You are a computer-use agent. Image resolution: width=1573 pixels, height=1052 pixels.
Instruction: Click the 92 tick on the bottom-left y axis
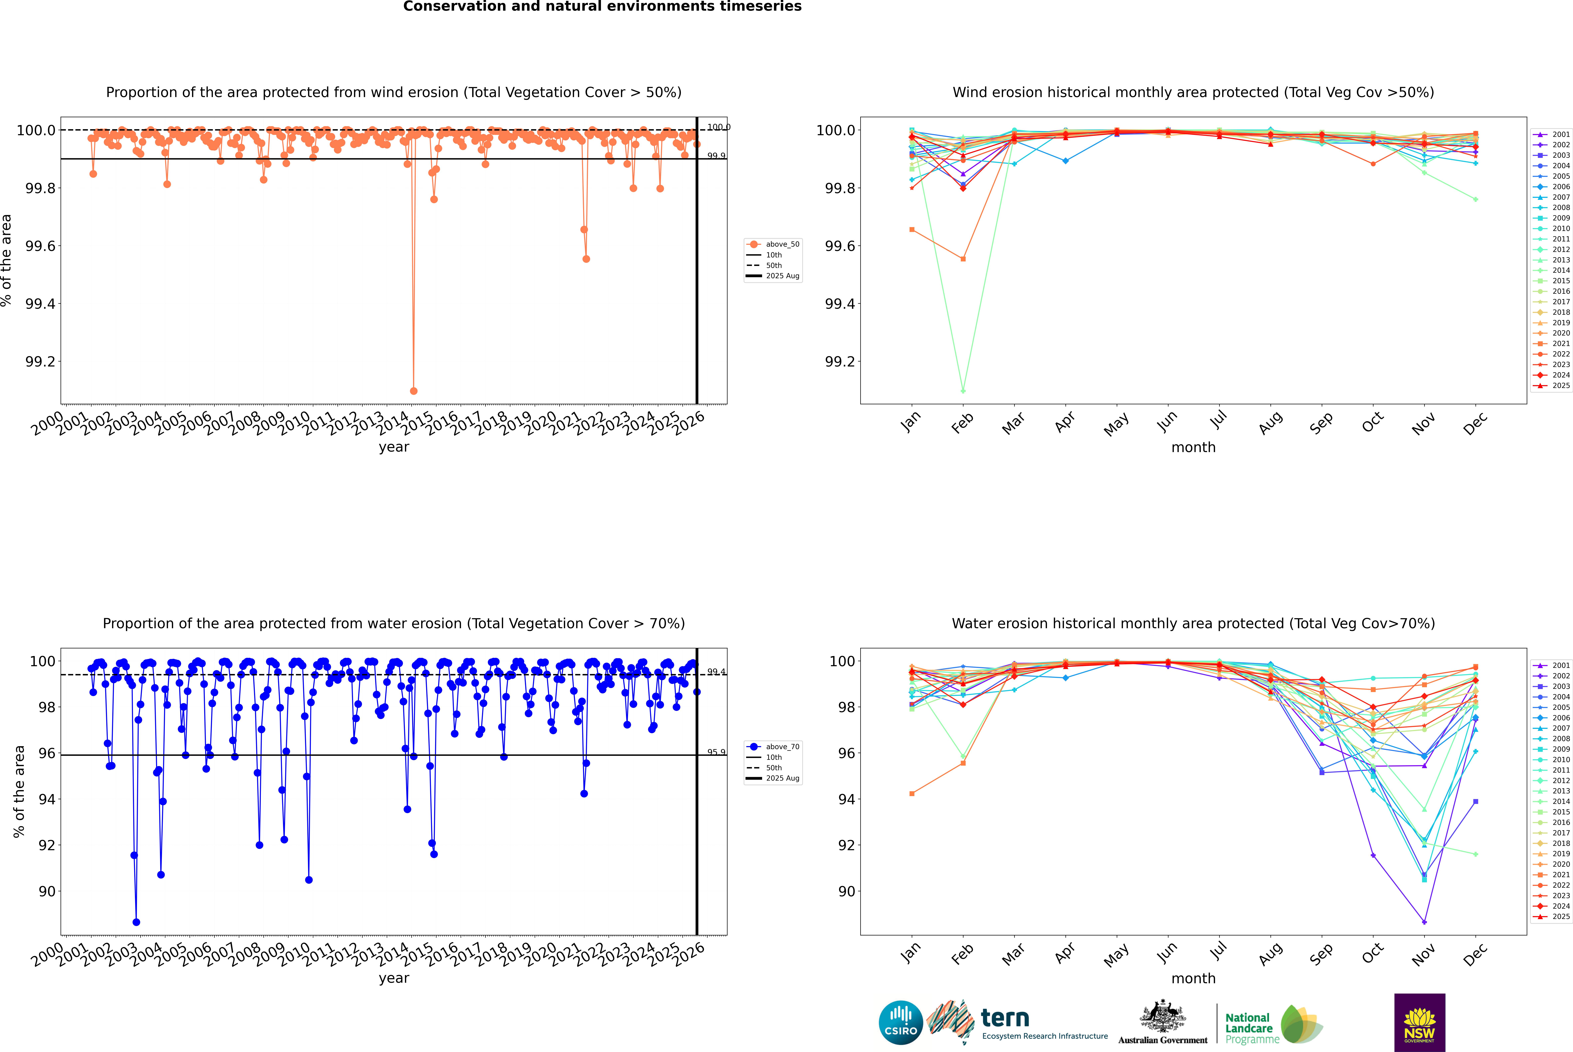pos(47,845)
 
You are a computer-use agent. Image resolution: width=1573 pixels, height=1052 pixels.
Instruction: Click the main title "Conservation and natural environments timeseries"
pos(602,7)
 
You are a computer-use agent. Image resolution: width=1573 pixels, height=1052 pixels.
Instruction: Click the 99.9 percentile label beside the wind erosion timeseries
pos(716,156)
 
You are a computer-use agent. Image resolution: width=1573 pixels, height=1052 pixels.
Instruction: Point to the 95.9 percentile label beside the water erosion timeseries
pos(716,752)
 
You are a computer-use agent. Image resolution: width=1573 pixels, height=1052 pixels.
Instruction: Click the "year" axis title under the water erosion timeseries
pos(394,978)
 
